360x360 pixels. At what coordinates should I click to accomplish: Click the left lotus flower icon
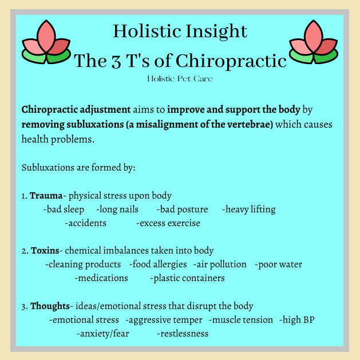(x=45, y=43)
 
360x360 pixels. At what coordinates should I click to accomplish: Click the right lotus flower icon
(x=313, y=43)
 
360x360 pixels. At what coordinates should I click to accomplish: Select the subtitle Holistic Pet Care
(x=179, y=78)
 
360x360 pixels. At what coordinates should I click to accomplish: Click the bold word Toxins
(x=45, y=251)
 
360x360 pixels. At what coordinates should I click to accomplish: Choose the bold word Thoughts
(x=50, y=306)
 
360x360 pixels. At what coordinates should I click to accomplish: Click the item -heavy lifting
(x=248, y=209)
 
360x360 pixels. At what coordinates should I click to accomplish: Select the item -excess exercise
(x=168, y=223)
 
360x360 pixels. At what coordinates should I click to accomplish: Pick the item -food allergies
(x=158, y=264)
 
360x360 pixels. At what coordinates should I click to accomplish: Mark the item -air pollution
(x=220, y=264)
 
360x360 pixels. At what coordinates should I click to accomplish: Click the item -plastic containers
(x=187, y=278)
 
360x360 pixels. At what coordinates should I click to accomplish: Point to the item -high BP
(x=297, y=319)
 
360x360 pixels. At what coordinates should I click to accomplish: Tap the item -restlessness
(x=183, y=333)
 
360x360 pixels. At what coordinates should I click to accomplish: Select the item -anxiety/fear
(x=103, y=333)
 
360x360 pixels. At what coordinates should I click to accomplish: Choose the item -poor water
(x=279, y=264)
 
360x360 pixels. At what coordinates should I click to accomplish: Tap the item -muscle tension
(x=241, y=319)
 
